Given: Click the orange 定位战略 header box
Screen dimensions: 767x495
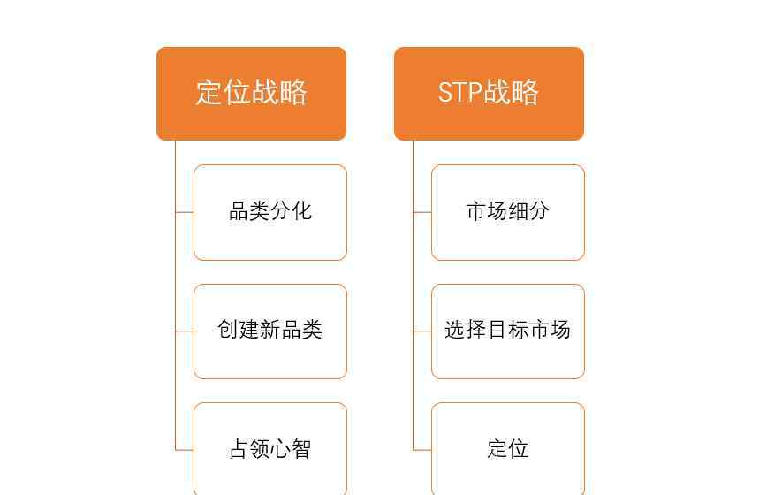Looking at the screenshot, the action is pos(252,94).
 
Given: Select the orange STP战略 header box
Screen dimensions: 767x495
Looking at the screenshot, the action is pos(490,94).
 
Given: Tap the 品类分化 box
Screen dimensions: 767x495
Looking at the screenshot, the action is pos(270,212).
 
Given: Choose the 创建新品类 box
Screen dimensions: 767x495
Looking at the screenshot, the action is pos(270,331).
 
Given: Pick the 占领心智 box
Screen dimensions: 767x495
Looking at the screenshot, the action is pos(270,448).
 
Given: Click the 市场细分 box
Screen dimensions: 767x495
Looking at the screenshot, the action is pos(508,212).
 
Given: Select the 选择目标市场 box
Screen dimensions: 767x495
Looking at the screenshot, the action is pos(508,331).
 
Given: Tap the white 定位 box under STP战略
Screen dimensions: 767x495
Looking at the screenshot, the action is pos(508,448).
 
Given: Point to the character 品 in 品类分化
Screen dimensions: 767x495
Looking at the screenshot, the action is pos(239,211).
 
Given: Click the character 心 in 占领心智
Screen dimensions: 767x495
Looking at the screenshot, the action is pos(281,448).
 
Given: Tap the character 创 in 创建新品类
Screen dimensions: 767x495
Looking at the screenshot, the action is pos(228,329).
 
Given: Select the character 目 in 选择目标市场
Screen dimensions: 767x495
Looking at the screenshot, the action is pos(497,330).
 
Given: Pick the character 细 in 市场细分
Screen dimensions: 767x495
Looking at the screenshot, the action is pos(519,211).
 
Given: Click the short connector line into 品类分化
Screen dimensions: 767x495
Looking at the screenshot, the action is pos(185,213).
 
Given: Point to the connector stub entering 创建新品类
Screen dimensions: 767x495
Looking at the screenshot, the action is pos(185,331).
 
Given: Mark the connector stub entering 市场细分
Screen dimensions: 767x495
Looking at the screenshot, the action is pos(422,213).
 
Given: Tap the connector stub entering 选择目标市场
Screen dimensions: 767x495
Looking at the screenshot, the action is pos(422,331).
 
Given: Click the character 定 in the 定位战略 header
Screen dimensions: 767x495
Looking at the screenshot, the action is pos(209,92).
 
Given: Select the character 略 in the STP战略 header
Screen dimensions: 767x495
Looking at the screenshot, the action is pos(525,92).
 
